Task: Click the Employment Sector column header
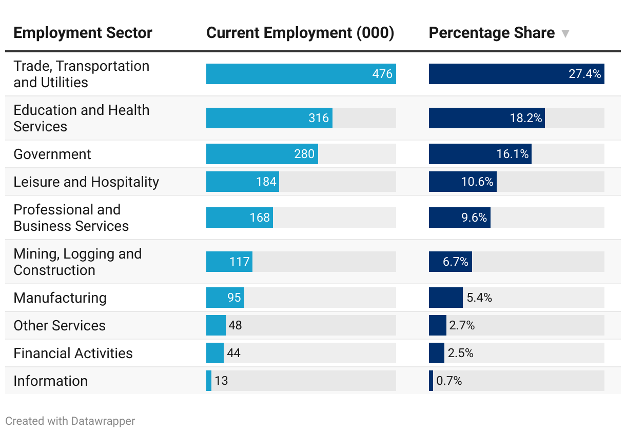[x=83, y=33]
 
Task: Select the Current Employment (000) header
[x=300, y=33]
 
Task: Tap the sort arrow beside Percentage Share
[x=565, y=34]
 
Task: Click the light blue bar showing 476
[x=301, y=74]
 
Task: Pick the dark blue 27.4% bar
[x=516, y=74]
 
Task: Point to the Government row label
[x=52, y=154]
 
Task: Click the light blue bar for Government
[x=262, y=154]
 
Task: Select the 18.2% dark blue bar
[x=486, y=118]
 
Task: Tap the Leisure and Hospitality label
[x=86, y=182]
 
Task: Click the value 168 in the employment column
[x=260, y=218]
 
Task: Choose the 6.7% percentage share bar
[x=450, y=262]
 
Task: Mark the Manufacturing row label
[x=60, y=298]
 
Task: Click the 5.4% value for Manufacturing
[x=479, y=298]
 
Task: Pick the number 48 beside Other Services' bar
[x=236, y=325]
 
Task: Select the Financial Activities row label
[x=73, y=353]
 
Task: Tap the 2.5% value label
[x=461, y=353]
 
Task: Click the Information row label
[x=50, y=381]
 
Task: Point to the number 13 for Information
[x=221, y=381]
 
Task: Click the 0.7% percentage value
[x=449, y=381]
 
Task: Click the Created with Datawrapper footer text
[x=70, y=421]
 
